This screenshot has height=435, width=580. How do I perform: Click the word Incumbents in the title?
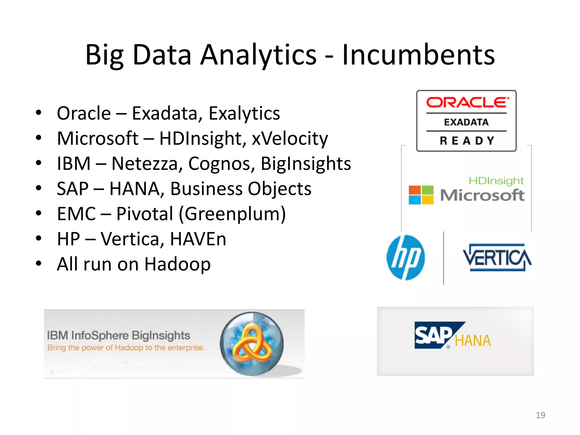click(x=418, y=55)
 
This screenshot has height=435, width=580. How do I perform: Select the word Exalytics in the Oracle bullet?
click(x=244, y=113)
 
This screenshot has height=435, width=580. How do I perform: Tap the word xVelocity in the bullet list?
click(x=290, y=138)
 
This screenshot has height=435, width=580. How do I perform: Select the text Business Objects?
click(x=241, y=189)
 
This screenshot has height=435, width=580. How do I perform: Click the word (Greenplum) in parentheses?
click(x=232, y=214)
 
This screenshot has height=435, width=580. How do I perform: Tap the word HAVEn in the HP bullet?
click(x=198, y=239)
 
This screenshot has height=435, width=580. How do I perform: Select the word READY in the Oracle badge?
click(x=467, y=141)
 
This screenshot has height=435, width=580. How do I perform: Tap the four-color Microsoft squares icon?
click(x=421, y=195)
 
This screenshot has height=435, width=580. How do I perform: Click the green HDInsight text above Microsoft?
click(x=496, y=181)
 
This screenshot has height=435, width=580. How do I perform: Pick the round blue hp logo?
click(x=406, y=257)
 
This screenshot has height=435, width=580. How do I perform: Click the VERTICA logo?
click(x=497, y=257)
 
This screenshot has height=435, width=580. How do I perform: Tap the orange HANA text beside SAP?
click(x=472, y=341)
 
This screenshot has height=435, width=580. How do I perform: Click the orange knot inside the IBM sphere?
click(x=251, y=344)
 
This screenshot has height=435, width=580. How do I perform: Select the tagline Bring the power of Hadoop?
click(x=126, y=348)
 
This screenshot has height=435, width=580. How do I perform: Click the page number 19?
click(x=540, y=415)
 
